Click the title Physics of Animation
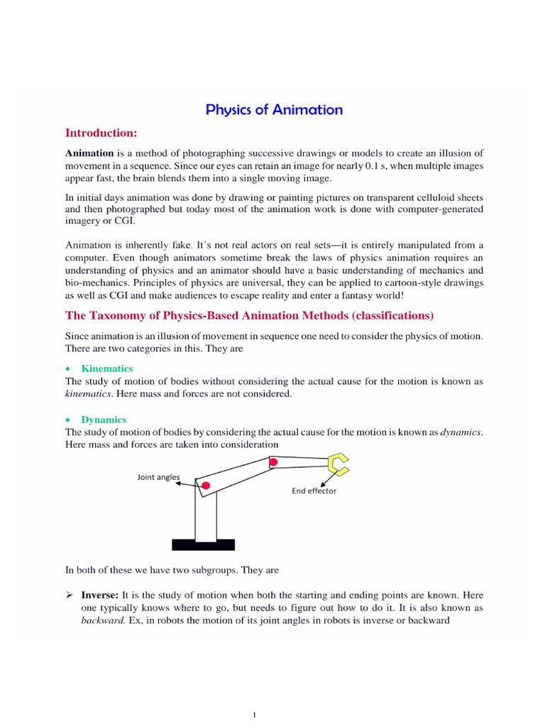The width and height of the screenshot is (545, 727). (274, 109)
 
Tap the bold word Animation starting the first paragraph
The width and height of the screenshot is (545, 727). (89, 153)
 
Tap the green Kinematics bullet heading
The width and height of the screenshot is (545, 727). (107, 368)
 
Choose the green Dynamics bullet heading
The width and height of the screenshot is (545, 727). (104, 420)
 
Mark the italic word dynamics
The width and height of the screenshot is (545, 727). (461, 432)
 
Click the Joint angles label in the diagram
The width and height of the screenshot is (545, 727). (158, 477)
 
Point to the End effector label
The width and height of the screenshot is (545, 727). (314, 491)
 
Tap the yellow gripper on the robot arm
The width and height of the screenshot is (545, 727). (338, 464)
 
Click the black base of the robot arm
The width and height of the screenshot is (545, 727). (203, 545)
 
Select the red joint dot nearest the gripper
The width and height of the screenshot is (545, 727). (272, 463)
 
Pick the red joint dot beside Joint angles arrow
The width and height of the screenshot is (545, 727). (206, 486)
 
